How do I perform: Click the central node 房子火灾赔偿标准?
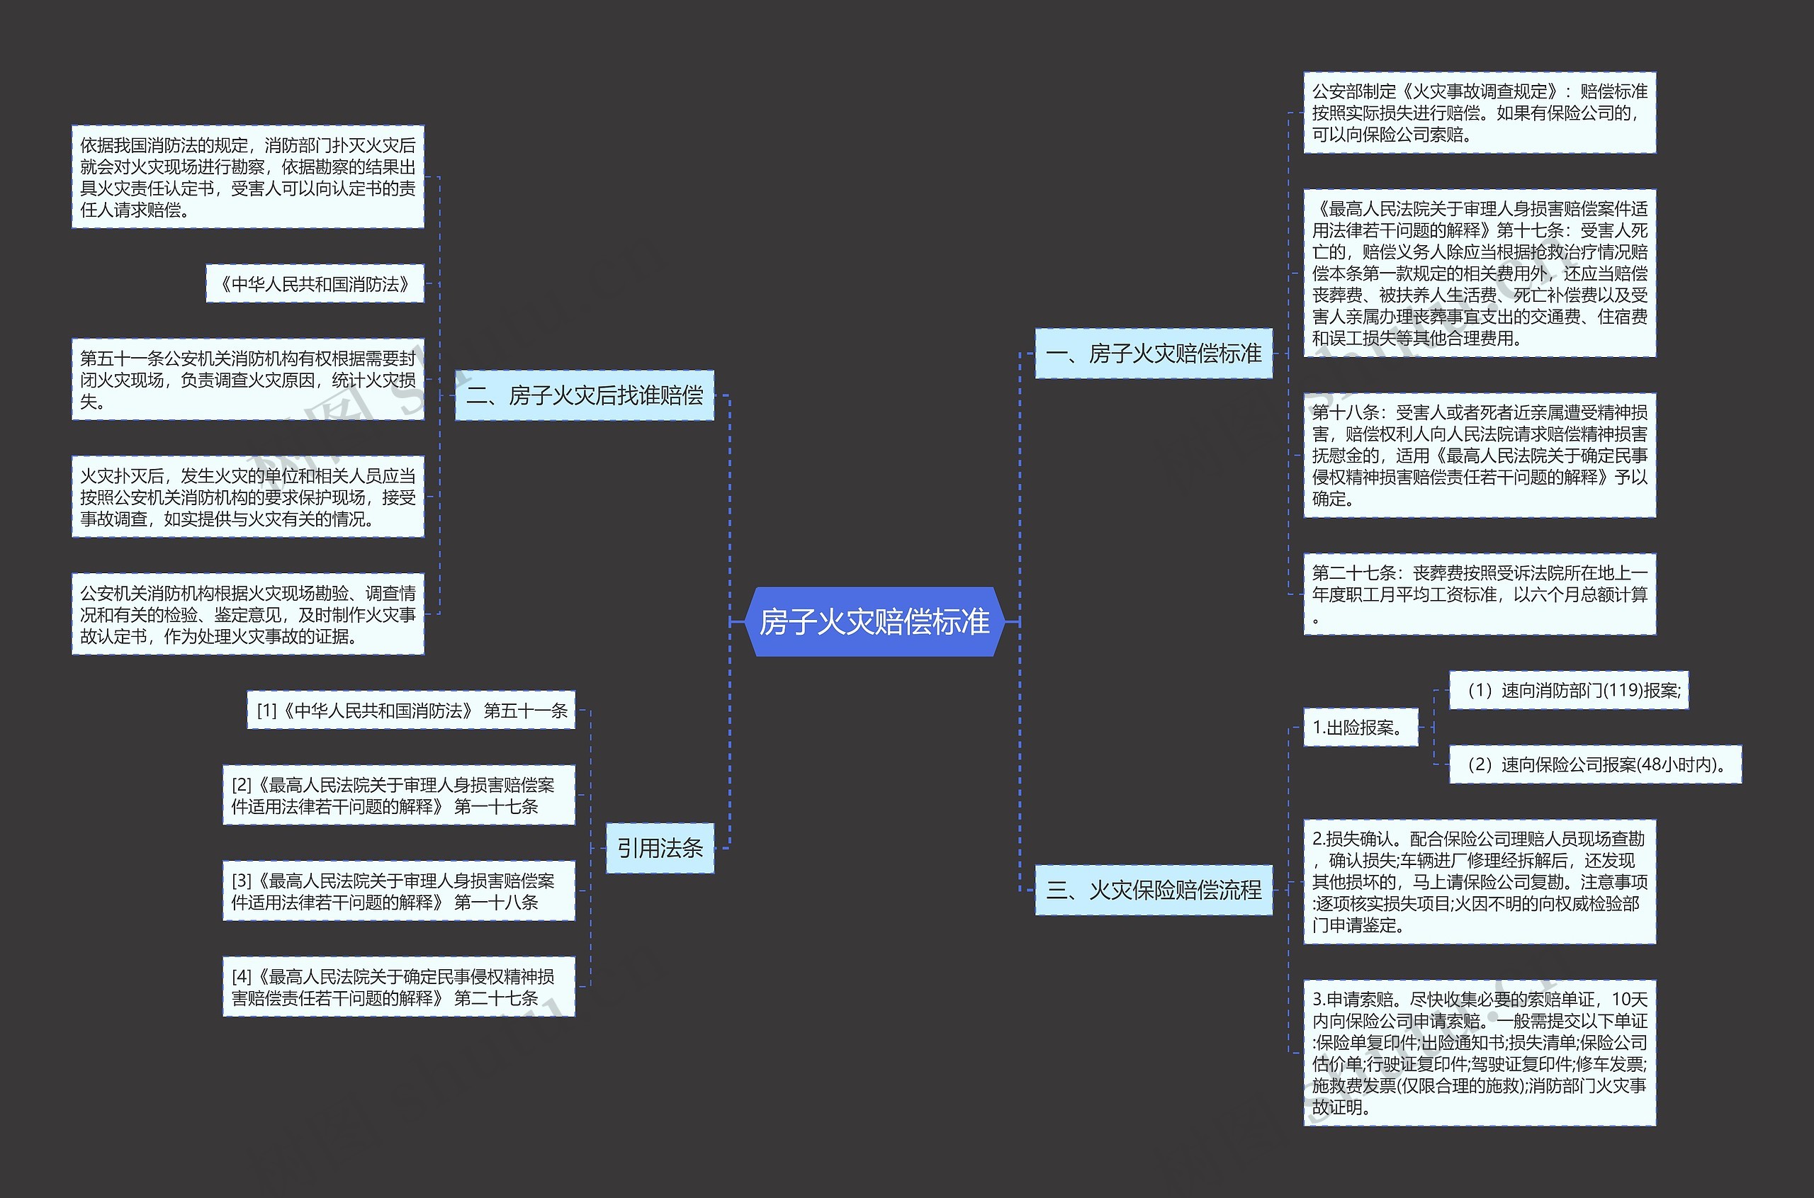tap(874, 621)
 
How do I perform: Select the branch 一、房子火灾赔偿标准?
tap(1153, 353)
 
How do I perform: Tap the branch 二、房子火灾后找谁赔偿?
tap(585, 395)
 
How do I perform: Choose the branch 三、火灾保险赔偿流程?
tap(1153, 889)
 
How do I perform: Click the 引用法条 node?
tap(660, 847)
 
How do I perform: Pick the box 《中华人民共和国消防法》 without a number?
tap(315, 284)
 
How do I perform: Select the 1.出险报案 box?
tap(1359, 728)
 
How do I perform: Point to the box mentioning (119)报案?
tap(1568, 691)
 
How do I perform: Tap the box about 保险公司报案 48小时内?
tap(1595, 765)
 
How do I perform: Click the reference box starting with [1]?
tap(411, 711)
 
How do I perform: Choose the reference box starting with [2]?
tap(398, 796)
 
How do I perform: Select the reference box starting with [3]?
tap(398, 891)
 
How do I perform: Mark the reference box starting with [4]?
tap(398, 986)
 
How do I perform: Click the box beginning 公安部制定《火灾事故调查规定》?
tap(1480, 113)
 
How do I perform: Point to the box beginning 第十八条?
tap(1480, 456)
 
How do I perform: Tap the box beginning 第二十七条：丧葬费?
tap(1480, 594)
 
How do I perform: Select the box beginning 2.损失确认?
tap(1480, 882)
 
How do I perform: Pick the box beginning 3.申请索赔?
tap(1480, 1053)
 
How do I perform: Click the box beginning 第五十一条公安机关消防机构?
tap(247, 380)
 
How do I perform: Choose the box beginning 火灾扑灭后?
tap(247, 497)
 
